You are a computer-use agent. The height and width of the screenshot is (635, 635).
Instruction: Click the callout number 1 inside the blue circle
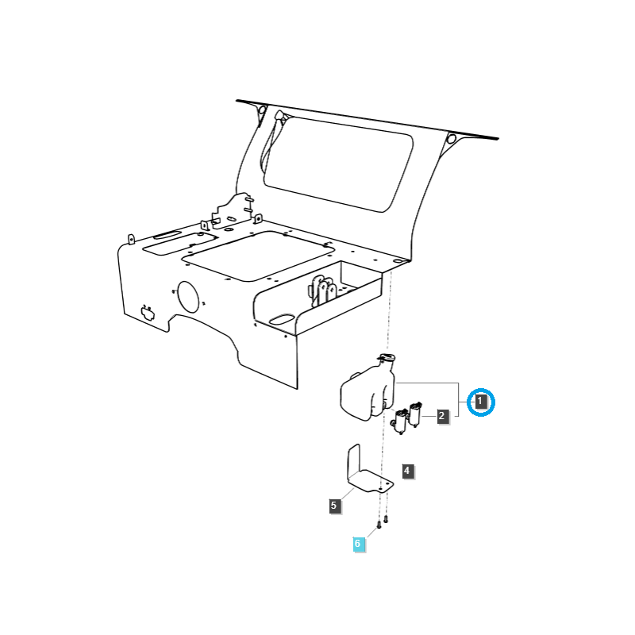pos(480,402)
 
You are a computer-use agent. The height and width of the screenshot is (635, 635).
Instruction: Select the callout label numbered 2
pos(442,415)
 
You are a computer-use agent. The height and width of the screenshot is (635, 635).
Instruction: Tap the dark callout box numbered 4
pos(406,471)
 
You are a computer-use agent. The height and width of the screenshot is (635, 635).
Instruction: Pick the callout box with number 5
pos(334,505)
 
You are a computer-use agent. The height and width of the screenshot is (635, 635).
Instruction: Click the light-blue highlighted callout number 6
pos(358,544)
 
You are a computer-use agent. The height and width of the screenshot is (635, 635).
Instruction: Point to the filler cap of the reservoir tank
pos(386,360)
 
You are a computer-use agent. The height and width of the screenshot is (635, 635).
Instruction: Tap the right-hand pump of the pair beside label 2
pos(415,415)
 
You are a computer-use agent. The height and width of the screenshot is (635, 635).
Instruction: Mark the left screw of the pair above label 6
pos(379,523)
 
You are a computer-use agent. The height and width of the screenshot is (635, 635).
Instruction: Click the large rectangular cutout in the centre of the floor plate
pos(256,255)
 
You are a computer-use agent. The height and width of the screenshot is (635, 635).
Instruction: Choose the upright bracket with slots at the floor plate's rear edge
pos(233,210)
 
